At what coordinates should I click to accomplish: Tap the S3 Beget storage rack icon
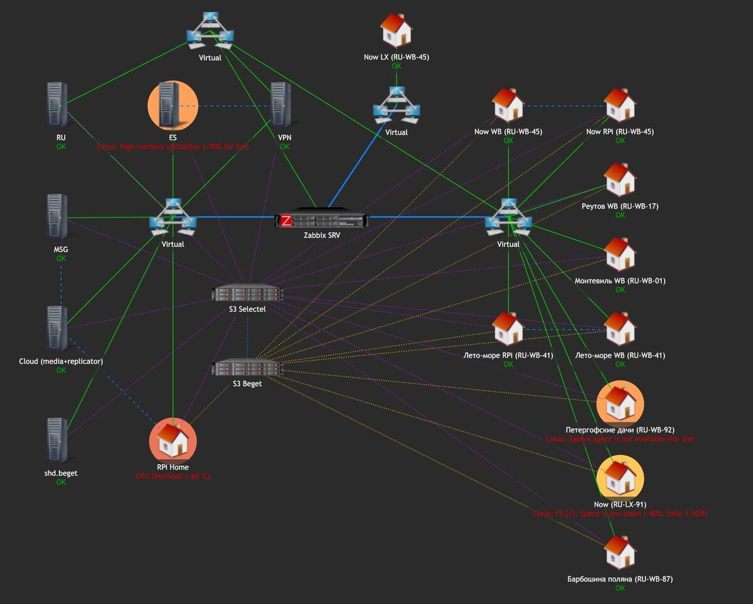click(247, 368)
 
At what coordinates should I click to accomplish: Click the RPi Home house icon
click(173, 440)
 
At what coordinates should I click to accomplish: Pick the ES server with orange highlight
click(172, 106)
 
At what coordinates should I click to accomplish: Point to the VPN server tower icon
click(280, 106)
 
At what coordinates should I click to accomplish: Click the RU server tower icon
click(58, 106)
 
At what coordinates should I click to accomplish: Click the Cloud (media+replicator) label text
click(61, 361)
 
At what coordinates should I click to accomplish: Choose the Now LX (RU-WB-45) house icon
click(397, 30)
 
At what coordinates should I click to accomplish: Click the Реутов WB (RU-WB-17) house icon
click(620, 180)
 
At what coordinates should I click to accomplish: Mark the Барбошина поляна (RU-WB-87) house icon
click(620, 553)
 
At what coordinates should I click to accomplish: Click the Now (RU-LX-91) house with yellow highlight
click(620, 478)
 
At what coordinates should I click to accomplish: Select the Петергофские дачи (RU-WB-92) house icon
click(620, 403)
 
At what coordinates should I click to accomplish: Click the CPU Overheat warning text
click(173, 477)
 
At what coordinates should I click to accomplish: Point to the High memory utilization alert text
click(173, 146)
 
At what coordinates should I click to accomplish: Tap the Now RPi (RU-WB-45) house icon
click(620, 105)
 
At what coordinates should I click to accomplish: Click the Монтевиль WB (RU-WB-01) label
click(620, 281)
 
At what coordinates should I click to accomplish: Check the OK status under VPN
click(285, 146)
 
